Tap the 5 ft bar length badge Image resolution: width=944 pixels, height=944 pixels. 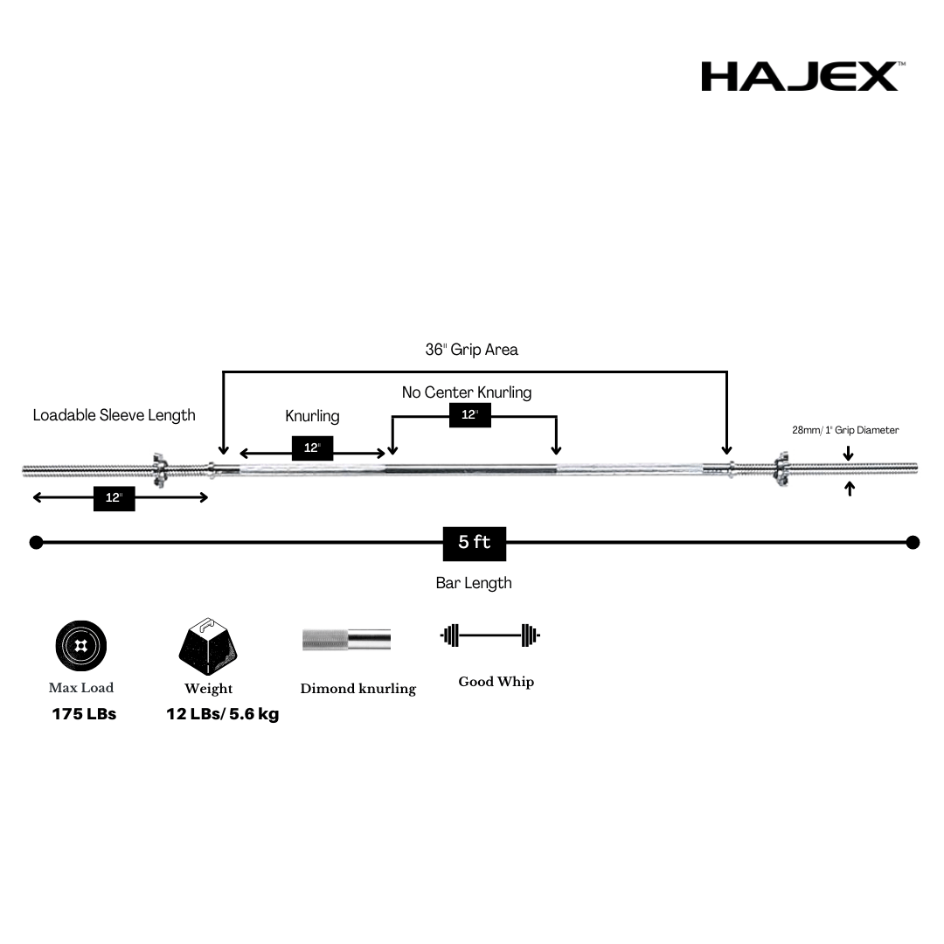click(x=475, y=543)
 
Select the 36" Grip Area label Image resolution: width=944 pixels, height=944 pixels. click(x=472, y=350)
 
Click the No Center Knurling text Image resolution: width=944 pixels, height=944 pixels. click(x=467, y=392)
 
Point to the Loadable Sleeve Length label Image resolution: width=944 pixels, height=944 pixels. click(x=115, y=415)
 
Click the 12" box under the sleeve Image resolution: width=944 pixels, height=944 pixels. click(x=114, y=498)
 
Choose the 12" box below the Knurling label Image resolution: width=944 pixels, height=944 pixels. click(x=312, y=448)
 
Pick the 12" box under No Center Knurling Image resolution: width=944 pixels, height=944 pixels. click(x=470, y=415)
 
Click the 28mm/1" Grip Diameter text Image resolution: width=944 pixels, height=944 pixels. click(x=845, y=430)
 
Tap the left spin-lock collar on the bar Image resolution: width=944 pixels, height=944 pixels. click(x=159, y=469)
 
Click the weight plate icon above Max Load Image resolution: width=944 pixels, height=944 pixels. click(x=81, y=647)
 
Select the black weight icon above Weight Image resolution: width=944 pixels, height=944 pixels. click(x=208, y=646)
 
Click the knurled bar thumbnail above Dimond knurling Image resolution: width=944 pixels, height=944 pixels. click(x=346, y=639)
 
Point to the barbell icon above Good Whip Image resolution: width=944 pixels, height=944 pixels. click(x=490, y=635)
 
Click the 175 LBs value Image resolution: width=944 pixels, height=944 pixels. click(x=84, y=714)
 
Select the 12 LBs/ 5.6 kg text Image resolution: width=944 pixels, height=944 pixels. click(x=223, y=714)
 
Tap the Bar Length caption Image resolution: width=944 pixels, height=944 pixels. click(x=474, y=583)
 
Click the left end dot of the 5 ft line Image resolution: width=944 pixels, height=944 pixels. click(x=36, y=543)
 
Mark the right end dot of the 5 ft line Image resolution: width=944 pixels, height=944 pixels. click(x=913, y=543)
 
